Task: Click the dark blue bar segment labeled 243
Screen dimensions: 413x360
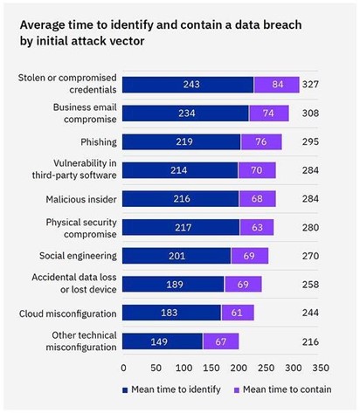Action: (x=188, y=85)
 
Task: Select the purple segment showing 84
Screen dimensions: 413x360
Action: (x=276, y=85)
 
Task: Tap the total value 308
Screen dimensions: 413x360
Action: (x=312, y=114)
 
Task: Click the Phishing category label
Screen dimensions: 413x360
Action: (x=94, y=141)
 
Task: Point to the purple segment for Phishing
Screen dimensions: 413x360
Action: (x=261, y=141)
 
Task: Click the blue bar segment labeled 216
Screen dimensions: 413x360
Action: (x=181, y=198)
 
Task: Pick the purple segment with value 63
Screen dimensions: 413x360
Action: (x=256, y=227)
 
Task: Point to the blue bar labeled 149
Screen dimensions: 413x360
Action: (x=163, y=341)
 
